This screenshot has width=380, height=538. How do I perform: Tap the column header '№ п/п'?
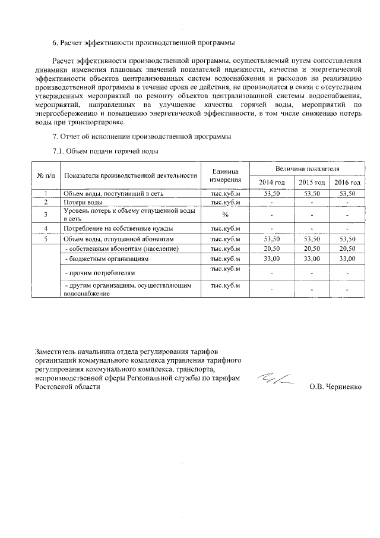[46, 175]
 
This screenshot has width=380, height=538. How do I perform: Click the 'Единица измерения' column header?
[225, 175]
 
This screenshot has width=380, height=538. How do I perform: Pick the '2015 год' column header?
[311, 182]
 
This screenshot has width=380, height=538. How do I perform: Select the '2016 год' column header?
[347, 182]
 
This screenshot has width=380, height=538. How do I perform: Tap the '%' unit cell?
[225, 215]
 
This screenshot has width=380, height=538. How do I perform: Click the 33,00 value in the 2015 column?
[311, 259]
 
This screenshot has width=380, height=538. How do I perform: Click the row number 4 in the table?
[46, 228]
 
